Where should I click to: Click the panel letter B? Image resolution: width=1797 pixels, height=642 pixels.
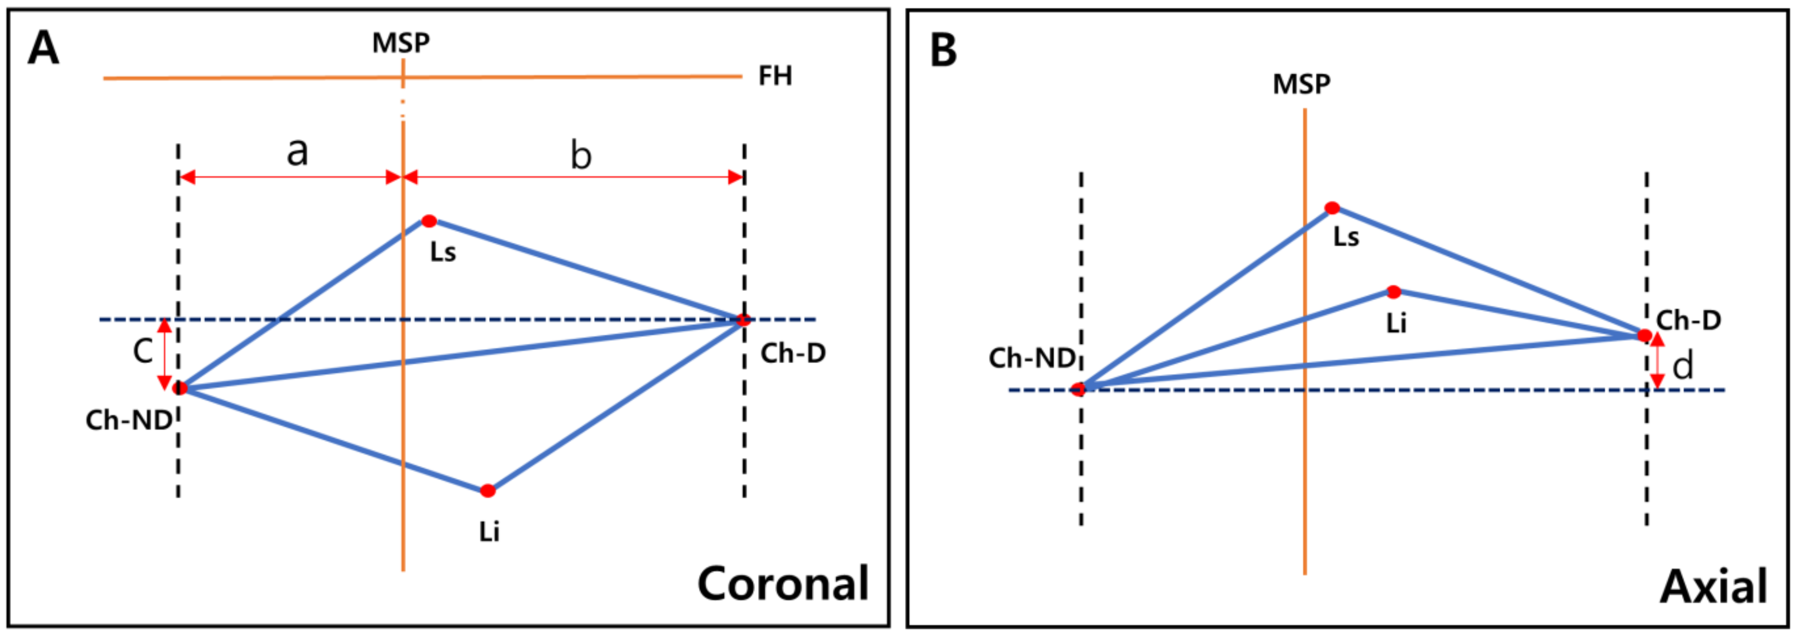(x=943, y=50)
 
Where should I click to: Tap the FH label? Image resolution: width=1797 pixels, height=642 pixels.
(x=775, y=76)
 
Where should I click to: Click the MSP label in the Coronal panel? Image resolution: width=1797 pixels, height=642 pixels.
(x=400, y=43)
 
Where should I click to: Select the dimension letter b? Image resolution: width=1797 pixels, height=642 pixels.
(x=580, y=155)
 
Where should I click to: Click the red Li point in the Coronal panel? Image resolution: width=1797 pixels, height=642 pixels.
(x=488, y=491)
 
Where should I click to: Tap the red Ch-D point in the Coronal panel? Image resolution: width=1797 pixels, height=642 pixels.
(x=743, y=320)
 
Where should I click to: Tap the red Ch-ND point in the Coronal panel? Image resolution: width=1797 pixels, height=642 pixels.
(x=180, y=388)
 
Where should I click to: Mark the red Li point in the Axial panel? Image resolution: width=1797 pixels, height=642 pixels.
(x=1393, y=291)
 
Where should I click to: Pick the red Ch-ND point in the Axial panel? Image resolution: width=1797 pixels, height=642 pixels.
(x=1078, y=389)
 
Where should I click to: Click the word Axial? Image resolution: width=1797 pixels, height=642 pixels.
(x=1713, y=586)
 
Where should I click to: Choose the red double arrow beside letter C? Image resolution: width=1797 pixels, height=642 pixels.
(x=165, y=354)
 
